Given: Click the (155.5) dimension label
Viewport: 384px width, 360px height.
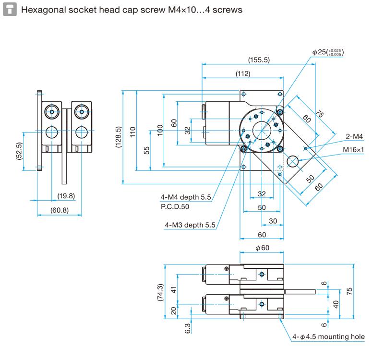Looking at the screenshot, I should click(x=259, y=60).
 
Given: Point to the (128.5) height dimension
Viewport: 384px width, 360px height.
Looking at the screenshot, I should click(x=119, y=136).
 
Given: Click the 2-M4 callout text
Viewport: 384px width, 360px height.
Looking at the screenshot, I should click(x=355, y=137).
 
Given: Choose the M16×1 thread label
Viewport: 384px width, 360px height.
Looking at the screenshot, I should click(x=354, y=150).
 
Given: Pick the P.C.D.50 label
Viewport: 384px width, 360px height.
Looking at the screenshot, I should click(x=175, y=206).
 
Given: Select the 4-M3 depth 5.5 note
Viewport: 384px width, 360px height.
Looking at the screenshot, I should click(x=190, y=225).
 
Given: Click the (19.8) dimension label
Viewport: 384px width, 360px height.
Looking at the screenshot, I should click(x=66, y=196).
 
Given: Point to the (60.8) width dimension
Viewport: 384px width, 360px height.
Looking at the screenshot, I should click(x=60, y=210).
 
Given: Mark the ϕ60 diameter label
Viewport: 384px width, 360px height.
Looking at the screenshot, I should click(x=262, y=248).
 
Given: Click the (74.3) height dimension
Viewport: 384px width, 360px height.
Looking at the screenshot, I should click(x=160, y=293).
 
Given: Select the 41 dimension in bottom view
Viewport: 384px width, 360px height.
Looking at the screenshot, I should click(x=174, y=289).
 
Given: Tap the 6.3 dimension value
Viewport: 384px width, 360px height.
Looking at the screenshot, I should click(x=187, y=328).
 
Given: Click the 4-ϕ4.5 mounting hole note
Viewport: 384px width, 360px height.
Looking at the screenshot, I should click(x=329, y=336).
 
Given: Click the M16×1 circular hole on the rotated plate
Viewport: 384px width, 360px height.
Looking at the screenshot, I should click(x=292, y=162).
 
